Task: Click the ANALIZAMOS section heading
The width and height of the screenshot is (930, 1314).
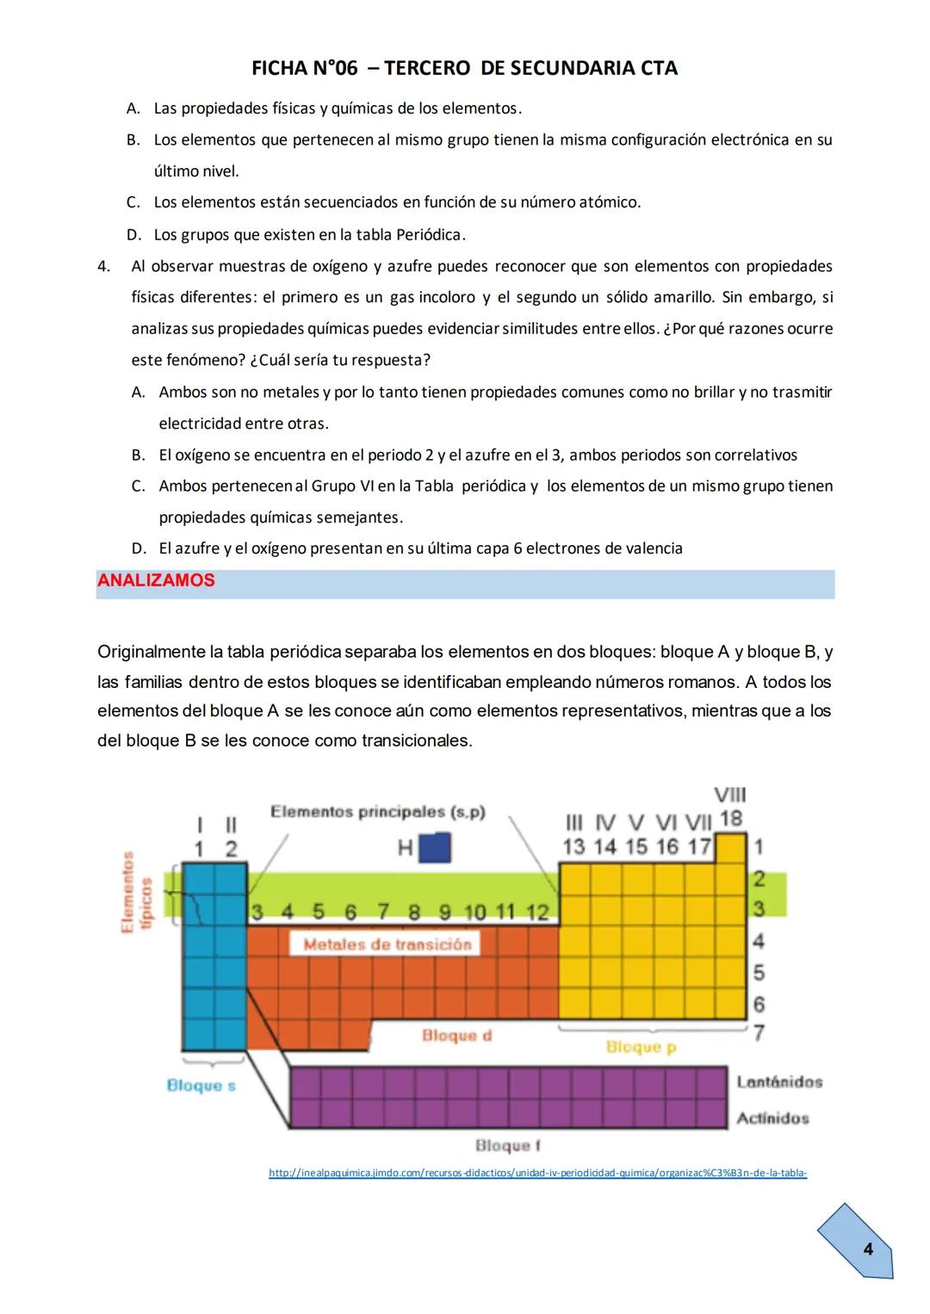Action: click(156, 581)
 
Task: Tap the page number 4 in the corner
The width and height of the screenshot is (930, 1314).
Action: click(867, 1249)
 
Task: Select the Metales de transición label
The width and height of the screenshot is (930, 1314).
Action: click(387, 945)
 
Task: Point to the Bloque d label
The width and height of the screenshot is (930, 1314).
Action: click(456, 1036)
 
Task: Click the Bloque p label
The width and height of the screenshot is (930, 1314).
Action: click(641, 1047)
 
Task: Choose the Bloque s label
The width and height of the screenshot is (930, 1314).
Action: click(201, 1086)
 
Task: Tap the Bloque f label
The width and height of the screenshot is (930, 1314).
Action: click(508, 1146)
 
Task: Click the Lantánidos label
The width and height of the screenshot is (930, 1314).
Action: click(779, 1082)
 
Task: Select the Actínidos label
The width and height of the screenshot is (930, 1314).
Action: click(772, 1119)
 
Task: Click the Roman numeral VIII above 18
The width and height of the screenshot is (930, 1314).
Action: click(730, 795)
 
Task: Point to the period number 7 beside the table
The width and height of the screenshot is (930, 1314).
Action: click(759, 1032)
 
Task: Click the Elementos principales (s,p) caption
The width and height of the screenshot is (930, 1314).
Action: click(378, 812)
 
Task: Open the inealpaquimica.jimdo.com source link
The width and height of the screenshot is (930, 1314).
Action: click(537, 1173)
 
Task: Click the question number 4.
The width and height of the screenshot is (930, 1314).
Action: click(103, 266)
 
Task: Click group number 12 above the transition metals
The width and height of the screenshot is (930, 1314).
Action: click(537, 912)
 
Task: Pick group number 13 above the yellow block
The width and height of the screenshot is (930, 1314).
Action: click(573, 847)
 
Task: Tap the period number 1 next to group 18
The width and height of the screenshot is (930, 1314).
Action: click(759, 846)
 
